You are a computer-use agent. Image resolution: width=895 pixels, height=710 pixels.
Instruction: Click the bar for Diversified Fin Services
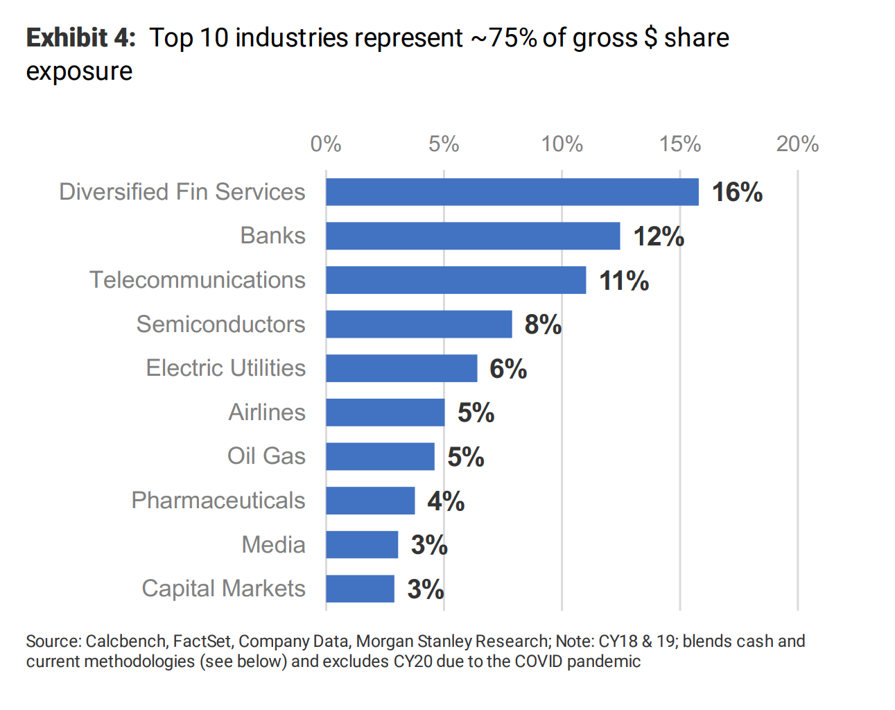pos(512,192)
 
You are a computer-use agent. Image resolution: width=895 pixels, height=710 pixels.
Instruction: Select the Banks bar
pos(473,236)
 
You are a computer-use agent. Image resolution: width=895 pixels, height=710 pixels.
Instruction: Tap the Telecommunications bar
pos(455,280)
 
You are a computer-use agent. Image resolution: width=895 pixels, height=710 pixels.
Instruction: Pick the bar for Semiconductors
pos(419,324)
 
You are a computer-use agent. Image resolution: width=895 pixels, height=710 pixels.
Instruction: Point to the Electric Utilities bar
pos(401,368)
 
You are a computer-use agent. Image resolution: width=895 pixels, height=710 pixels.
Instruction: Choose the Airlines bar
pos(385,413)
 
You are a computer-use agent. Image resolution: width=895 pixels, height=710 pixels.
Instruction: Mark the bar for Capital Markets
pos(360,589)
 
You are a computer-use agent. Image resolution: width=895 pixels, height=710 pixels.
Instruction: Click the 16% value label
pos(737,192)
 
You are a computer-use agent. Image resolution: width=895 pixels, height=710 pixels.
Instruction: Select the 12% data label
pos(659,236)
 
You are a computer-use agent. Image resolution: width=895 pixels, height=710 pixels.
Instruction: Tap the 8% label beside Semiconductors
pos(543,324)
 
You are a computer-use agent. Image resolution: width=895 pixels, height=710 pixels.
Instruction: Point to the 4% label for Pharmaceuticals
pos(446,501)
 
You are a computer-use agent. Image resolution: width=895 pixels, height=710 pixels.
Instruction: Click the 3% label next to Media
pos(429,545)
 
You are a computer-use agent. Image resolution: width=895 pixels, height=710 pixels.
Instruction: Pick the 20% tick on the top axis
pos(797,144)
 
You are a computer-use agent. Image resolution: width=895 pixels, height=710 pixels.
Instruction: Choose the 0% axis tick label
pos(326,144)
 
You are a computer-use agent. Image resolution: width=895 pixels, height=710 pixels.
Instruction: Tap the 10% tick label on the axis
pos(562,144)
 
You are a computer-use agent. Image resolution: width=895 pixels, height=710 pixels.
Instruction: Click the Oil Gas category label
pos(266,456)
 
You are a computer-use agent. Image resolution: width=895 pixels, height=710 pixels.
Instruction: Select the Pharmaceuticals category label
pos(218,501)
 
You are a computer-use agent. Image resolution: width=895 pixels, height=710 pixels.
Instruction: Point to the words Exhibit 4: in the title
pos(81,38)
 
